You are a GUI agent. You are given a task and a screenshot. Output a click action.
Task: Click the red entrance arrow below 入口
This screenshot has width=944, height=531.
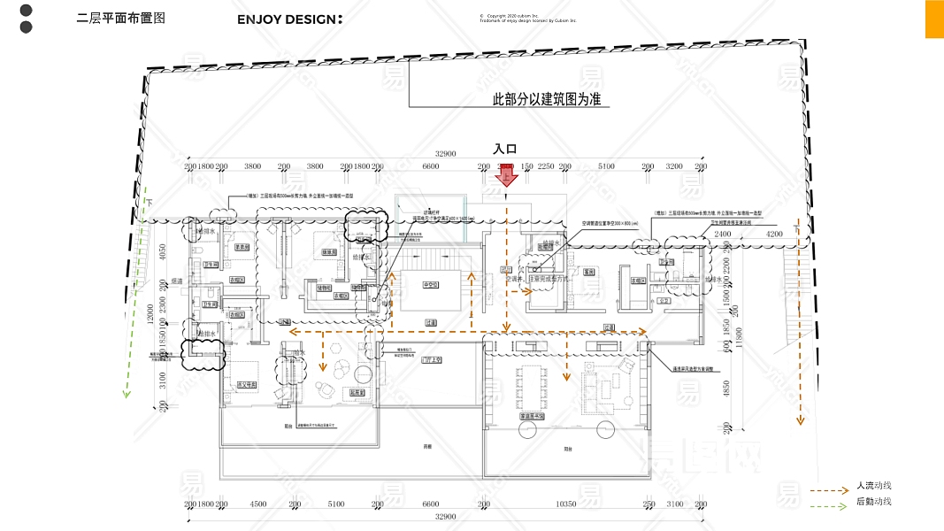tap(509, 174)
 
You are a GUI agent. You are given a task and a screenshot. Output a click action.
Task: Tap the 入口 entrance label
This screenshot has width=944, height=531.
tap(504, 150)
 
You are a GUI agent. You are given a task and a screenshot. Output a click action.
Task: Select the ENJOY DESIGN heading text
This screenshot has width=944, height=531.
tap(289, 19)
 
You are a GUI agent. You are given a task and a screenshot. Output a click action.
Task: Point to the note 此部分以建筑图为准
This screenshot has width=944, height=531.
tap(546, 99)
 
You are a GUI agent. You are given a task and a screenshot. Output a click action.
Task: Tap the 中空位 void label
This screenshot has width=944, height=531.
tap(431, 285)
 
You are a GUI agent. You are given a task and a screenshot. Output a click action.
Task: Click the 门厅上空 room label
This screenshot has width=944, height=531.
tap(433, 360)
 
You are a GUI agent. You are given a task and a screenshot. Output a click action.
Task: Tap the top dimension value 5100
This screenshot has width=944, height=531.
tap(606, 165)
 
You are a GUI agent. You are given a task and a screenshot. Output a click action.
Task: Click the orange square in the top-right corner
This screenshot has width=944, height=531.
tap(934, 19)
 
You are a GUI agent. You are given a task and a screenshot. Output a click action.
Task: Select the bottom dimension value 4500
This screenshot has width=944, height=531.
tap(257, 504)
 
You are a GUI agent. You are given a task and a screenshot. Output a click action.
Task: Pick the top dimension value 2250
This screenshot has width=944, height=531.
tap(546, 165)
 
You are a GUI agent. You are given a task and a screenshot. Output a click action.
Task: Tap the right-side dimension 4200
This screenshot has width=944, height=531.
tap(774, 234)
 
